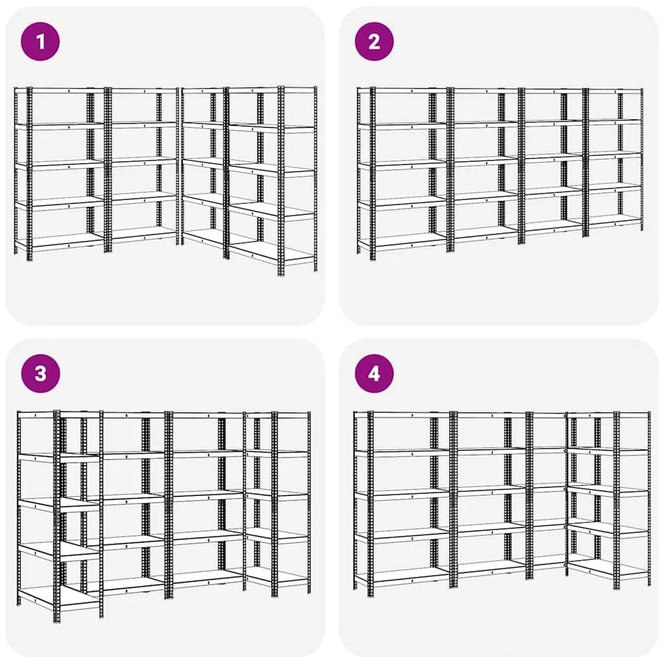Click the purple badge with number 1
(x=40, y=42)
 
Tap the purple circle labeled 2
(x=374, y=42)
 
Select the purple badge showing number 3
(x=40, y=374)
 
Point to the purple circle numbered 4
(x=374, y=374)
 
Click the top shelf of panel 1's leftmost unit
(x=59, y=91)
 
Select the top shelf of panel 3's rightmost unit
(x=277, y=415)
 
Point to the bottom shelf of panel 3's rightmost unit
(x=277, y=576)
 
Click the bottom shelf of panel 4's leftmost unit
(x=402, y=576)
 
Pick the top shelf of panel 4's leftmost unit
(x=402, y=415)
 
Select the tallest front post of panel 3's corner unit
(x=57, y=516)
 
